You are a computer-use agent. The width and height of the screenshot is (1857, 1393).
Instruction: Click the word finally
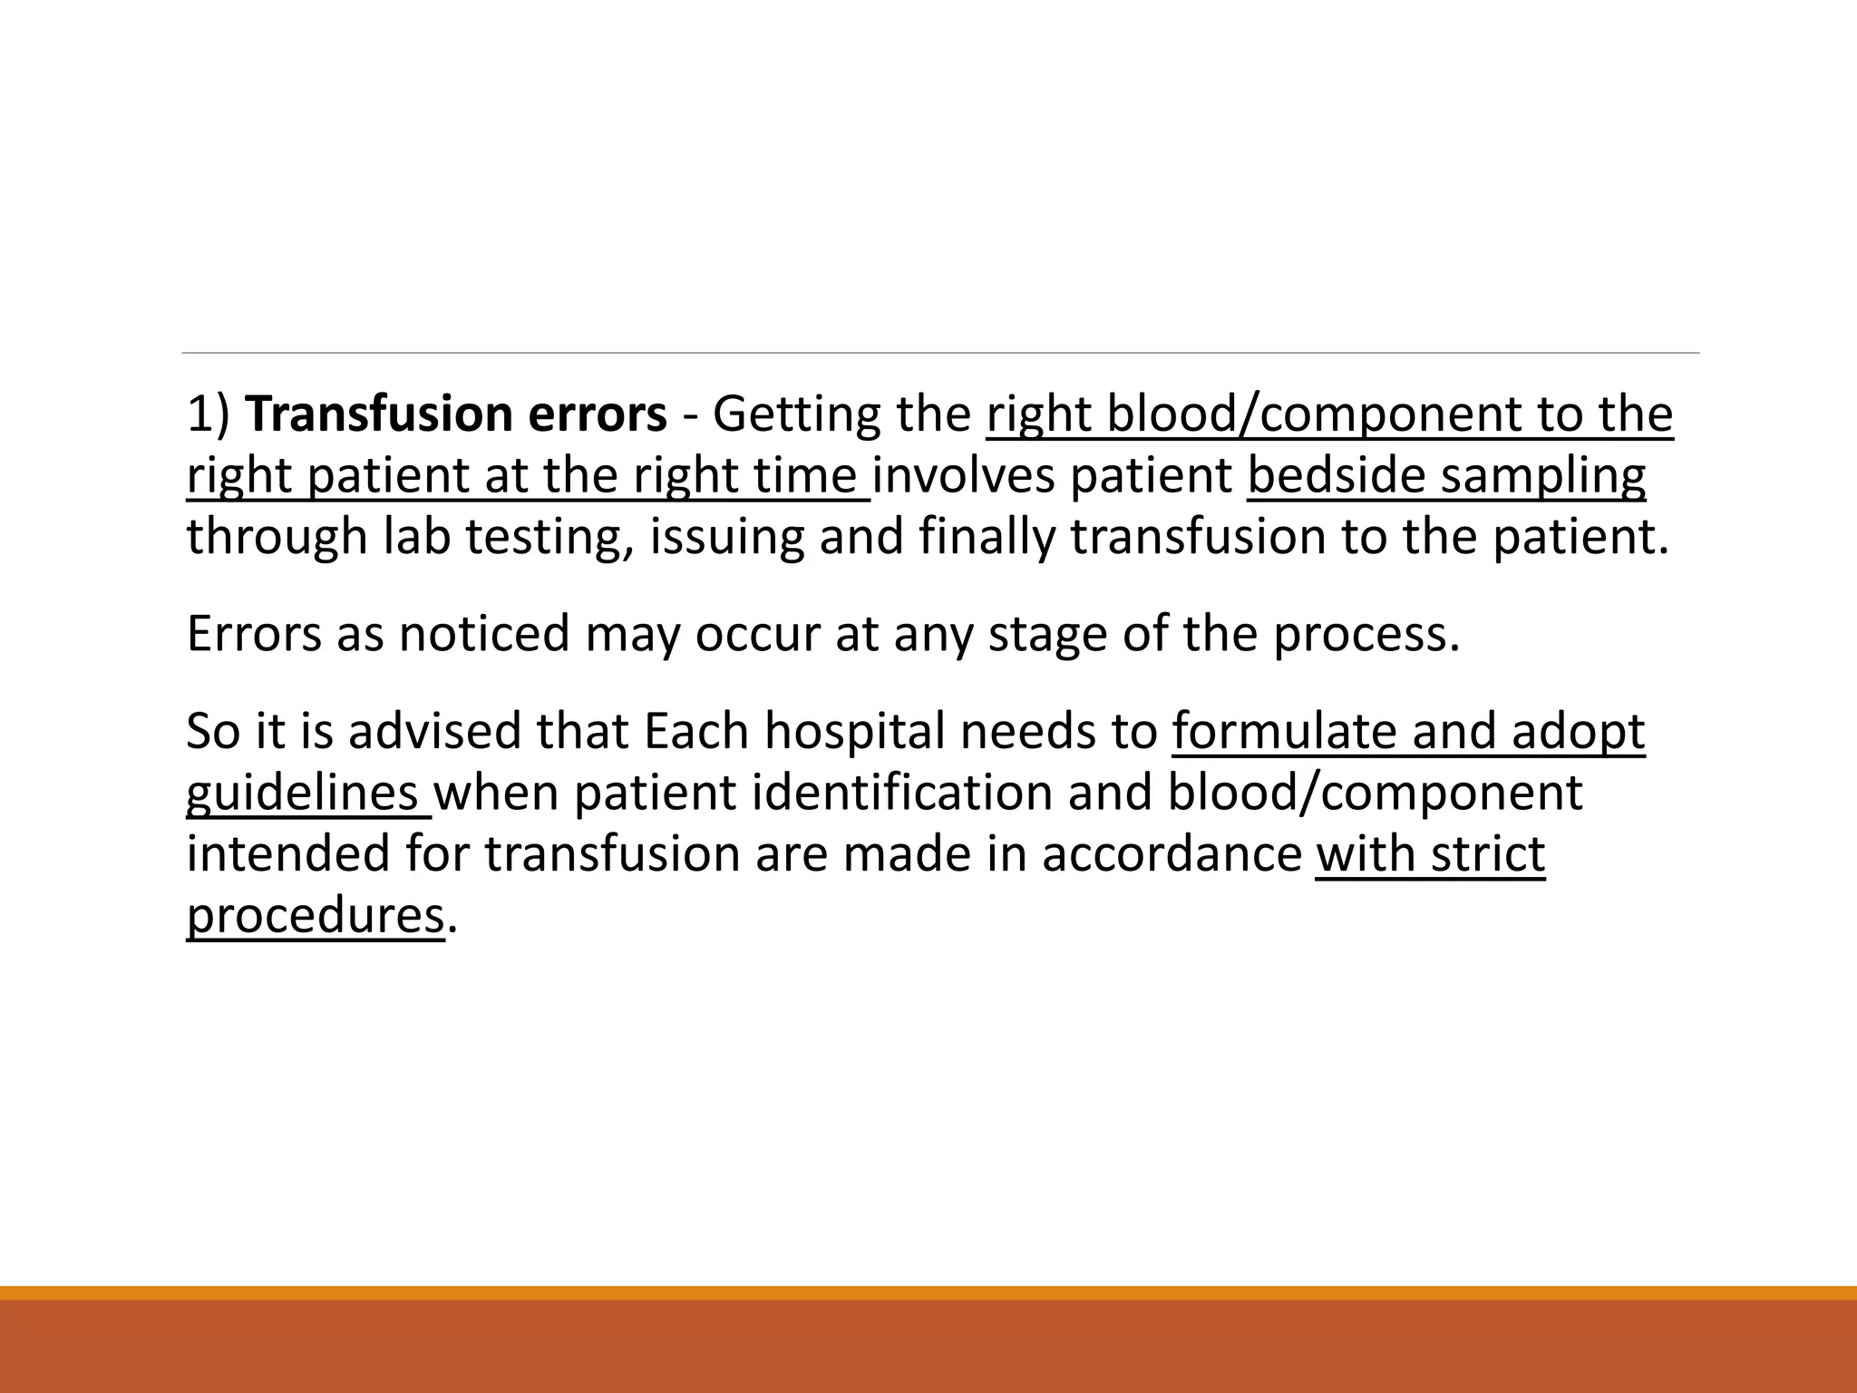pos(987,537)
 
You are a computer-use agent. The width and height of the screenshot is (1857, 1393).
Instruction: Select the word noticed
pos(484,634)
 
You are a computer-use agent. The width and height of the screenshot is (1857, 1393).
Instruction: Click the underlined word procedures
pos(315,916)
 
